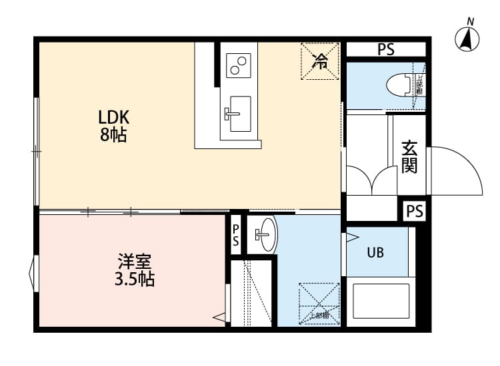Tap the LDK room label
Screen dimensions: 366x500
click(113, 118)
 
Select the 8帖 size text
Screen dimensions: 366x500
click(113, 136)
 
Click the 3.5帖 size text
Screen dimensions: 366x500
click(135, 279)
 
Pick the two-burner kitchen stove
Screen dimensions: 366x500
click(239, 65)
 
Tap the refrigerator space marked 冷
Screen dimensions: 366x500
click(321, 62)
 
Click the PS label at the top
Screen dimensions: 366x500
click(385, 49)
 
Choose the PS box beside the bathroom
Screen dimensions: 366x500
click(414, 211)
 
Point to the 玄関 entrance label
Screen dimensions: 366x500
click(409, 156)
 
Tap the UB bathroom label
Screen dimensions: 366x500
click(375, 253)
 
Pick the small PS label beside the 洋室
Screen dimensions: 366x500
click(235, 236)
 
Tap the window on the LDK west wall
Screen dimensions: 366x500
click(37, 152)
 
